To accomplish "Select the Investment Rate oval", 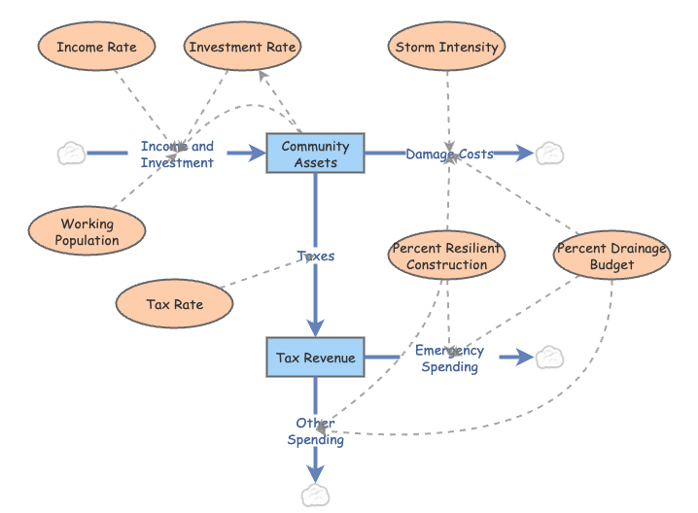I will (x=242, y=47).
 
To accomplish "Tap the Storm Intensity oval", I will (x=447, y=47).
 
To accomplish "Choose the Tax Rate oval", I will (x=175, y=304).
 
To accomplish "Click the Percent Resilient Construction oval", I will (x=447, y=256).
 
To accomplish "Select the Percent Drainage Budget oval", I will (x=611, y=256).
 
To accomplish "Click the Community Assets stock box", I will (x=315, y=154).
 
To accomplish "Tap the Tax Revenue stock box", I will (x=315, y=358).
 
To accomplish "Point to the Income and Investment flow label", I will (x=177, y=154).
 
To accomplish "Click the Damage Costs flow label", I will (x=449, y=154).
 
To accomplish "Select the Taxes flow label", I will (x=315, y=256).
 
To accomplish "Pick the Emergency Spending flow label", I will (x=449, y=359).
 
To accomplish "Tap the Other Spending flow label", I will (x=315, y=431).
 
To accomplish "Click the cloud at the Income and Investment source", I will (x=71, y=154).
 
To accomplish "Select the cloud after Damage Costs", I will (x=550, y=154).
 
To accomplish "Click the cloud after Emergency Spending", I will (x=550, y=358).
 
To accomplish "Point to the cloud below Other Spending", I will (x=315, y=496).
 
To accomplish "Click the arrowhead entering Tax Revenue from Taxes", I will (x=315, y=328).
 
